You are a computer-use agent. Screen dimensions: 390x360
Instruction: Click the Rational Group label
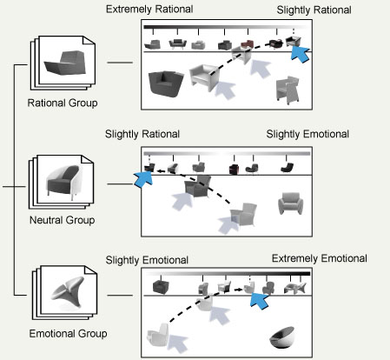[x=63, y=103]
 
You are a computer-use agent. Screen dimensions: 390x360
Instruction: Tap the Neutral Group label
[x=62, y=220]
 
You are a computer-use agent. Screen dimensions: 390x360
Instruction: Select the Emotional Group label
[x=68, y=333]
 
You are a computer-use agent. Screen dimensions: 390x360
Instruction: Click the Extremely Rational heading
[x=149, y=9]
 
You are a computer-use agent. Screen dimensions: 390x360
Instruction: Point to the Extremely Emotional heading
[x=320, y=258]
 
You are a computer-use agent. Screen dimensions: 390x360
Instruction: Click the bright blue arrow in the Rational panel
[x=300, y=54]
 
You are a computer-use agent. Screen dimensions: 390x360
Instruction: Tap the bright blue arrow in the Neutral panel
[x=143, y=179]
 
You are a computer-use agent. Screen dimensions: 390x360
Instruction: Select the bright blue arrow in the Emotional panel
[x=260, y=301]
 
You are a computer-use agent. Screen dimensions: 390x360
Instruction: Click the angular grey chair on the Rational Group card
[x=65, y=63]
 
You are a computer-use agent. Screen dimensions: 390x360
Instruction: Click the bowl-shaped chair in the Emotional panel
[x=282, y=338]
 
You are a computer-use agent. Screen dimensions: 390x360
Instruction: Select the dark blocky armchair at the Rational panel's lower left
[x=165, y=83]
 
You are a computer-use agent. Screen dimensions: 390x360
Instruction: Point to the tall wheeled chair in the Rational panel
[x=288, y=90]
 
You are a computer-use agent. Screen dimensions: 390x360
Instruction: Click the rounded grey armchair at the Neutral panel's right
[x=290, y=203]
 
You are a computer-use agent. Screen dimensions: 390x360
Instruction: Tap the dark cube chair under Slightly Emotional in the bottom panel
[x=161, y=287]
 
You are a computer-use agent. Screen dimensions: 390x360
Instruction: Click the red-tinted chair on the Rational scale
[x=247, y=44]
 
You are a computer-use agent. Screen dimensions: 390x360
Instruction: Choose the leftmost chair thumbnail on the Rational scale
[x=152, y=44]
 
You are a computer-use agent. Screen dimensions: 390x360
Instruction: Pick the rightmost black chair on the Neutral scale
[x=287, y=168]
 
